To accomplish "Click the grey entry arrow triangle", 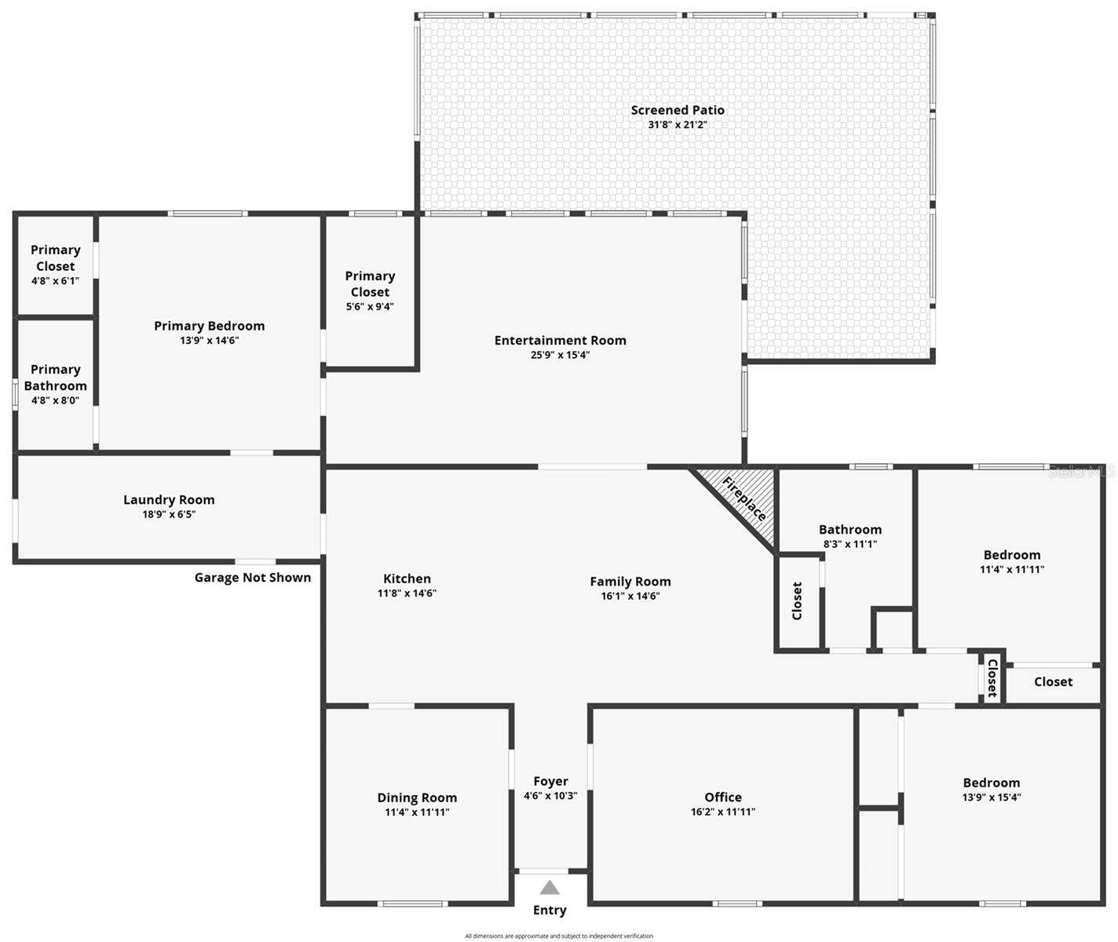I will [550, 888].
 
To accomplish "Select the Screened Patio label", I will [678, 110].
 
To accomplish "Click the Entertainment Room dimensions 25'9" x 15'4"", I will [560, 355].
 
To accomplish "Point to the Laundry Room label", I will [169, 500].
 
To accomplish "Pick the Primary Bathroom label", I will [55, 378].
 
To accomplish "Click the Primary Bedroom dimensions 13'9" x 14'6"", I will [209, 341].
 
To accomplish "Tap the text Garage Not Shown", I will [253, 578].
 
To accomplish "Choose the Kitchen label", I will [407, 579].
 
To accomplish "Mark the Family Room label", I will [630, 582].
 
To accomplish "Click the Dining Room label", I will [417, 798].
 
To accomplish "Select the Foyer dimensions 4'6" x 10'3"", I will [550, 795].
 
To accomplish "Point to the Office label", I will [722, 797].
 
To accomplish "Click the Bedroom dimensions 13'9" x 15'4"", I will [992, 798].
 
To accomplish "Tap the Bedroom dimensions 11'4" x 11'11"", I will [1012, 570].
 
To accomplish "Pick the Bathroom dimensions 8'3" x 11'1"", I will [849, 544].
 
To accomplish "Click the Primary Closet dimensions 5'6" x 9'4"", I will [370, 307].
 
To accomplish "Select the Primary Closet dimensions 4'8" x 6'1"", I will [55, 280].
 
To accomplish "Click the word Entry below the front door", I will [550, 910].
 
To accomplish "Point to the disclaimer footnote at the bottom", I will [559, 936].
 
